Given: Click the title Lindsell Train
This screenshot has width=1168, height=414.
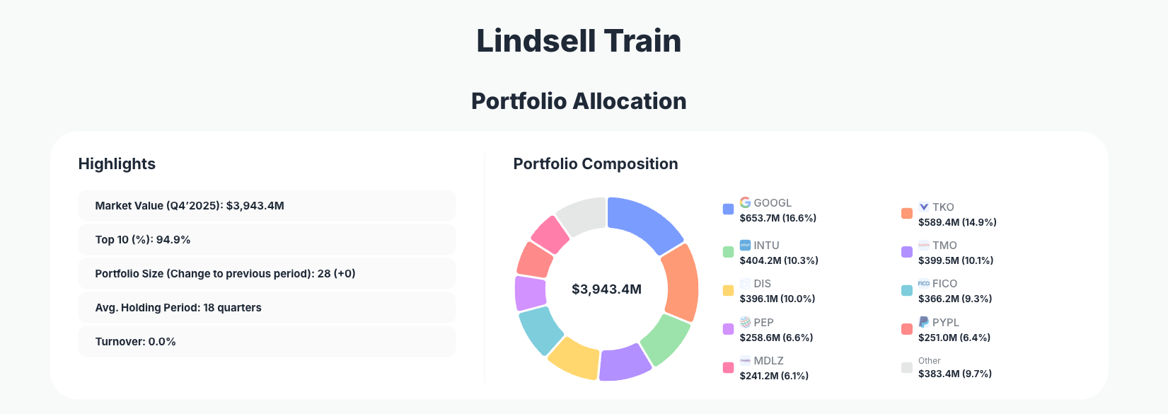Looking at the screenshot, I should click(579, 40).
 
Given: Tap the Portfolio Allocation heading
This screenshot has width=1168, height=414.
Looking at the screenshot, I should click(579, 101).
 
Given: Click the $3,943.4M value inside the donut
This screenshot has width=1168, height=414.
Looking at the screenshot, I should click(606, 289).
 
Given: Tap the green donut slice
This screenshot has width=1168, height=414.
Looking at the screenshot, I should click(666, 338).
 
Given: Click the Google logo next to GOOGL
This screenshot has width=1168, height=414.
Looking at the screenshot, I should click(745, 202).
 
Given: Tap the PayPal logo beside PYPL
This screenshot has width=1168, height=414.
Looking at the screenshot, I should click(924, 322).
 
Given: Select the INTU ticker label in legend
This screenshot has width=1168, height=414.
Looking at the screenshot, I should click(766, 246).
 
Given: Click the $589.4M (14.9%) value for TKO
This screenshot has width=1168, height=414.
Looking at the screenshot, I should click(957, 222).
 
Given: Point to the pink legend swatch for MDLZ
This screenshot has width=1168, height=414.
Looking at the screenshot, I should click(728, 368).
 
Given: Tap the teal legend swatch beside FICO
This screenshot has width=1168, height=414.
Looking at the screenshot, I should click(907, 291).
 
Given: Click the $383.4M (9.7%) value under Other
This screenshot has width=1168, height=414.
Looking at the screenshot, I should click(955, 374).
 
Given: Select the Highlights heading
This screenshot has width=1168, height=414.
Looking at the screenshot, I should click(117, 164).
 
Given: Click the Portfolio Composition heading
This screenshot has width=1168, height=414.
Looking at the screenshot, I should click(595, 164).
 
